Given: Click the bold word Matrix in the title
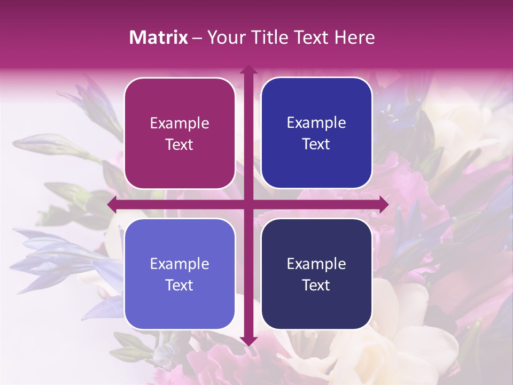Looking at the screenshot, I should [158, 37].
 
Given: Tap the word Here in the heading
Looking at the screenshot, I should [354, 37].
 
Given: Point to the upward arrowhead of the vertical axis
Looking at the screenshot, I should [248, 70].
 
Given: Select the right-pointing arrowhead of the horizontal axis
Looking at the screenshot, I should [383, 204].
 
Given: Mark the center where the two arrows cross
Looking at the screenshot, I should [248, 204].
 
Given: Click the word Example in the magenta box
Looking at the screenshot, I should [180, 124].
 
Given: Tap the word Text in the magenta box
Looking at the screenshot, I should [180, 145].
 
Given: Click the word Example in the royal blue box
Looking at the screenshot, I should [316, 123].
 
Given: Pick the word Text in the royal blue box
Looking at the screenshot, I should [316, 144].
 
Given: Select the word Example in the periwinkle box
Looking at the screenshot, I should [180, 264].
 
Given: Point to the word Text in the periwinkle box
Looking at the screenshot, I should [180, 286].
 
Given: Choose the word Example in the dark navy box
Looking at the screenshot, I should [316, 264].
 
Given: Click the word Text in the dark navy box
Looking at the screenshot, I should [316, 286].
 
